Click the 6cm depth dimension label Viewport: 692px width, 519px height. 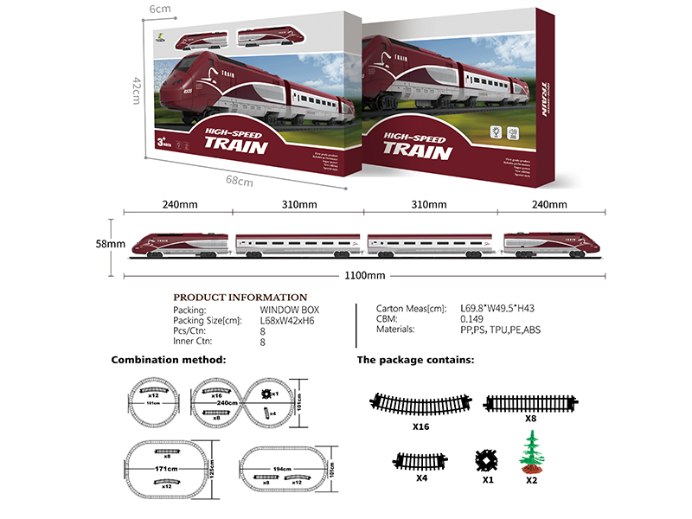coord(159,8)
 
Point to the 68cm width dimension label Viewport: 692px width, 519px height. coord(239,181)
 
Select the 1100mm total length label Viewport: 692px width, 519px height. coord(363,276)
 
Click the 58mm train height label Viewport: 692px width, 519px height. coord(111,245)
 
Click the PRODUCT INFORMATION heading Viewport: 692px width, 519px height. coord(240,297)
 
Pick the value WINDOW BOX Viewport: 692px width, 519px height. coord(288,309)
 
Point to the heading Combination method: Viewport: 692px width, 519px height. coord(169,359)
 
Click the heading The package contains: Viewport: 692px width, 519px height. coord(415,359)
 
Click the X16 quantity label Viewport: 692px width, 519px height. coord(420,426)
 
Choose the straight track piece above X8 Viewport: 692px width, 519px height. coord(529,401)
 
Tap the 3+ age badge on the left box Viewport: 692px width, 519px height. coord(186,138)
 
